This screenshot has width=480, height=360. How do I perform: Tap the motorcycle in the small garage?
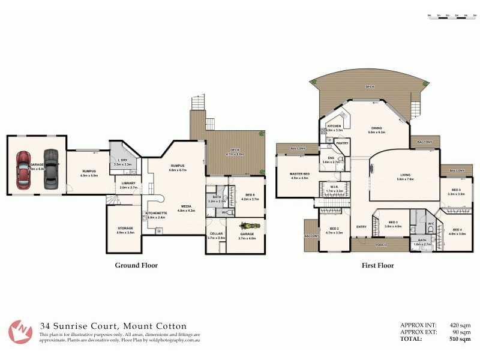tap(246, 226)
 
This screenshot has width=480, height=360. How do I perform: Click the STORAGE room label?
tap(125, 228)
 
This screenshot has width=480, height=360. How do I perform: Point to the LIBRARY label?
tap(128, 184)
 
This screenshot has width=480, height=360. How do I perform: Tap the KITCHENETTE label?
tap(155, 214)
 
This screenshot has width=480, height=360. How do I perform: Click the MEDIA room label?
tap(187, 206)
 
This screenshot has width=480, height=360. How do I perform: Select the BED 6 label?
tap(250, 195)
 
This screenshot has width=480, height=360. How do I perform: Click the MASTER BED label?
tap(299, 174)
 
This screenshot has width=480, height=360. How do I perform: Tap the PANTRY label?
tap(342, 143)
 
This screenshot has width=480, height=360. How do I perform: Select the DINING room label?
tap(376, 128)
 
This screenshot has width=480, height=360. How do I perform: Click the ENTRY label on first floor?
tap(361, 226)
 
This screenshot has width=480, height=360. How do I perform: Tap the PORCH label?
tap(380, 245)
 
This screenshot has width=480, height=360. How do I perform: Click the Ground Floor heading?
tap(136, 265)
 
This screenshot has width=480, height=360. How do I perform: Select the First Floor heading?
tap(378, 265)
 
